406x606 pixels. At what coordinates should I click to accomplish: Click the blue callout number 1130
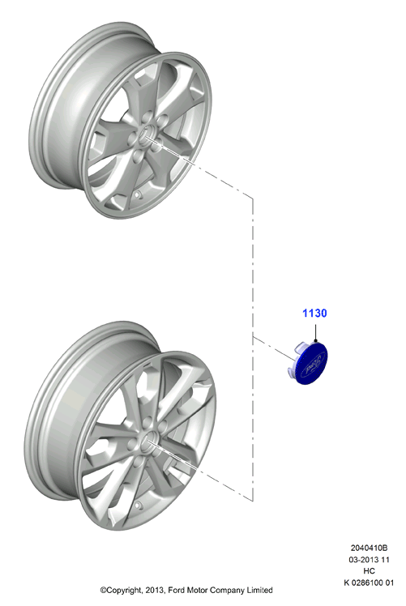pos(314,313)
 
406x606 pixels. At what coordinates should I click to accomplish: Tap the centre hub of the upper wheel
pos(147,134)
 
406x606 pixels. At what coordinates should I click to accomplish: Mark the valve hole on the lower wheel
pos(138,505)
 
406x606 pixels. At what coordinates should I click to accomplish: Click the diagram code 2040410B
pos(369,548)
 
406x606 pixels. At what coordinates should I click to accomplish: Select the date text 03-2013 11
pos(369,559)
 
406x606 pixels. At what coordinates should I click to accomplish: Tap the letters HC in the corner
pos(369,571)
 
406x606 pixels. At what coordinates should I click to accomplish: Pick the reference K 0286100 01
pos(369,583)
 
